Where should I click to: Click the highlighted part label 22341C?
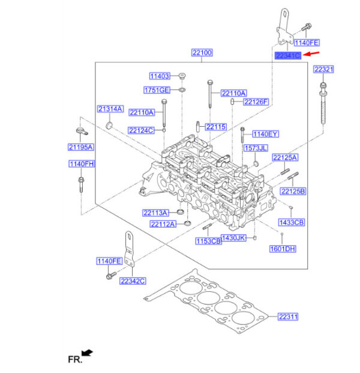287,55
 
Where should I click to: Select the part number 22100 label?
202,53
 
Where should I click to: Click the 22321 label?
324,70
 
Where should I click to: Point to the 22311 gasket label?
287,316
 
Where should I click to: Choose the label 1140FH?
80,164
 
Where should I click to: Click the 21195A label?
80,147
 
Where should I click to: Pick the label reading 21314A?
110,109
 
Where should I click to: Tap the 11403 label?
160,76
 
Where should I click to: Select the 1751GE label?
157,90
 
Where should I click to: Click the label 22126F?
256,102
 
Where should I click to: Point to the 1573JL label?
256,148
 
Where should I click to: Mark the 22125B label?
293,191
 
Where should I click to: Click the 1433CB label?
292,222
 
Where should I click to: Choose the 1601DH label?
283,249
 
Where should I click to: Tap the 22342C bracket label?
133,281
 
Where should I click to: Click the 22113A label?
155,212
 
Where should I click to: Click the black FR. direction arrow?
89,353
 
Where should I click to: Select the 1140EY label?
265,134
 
